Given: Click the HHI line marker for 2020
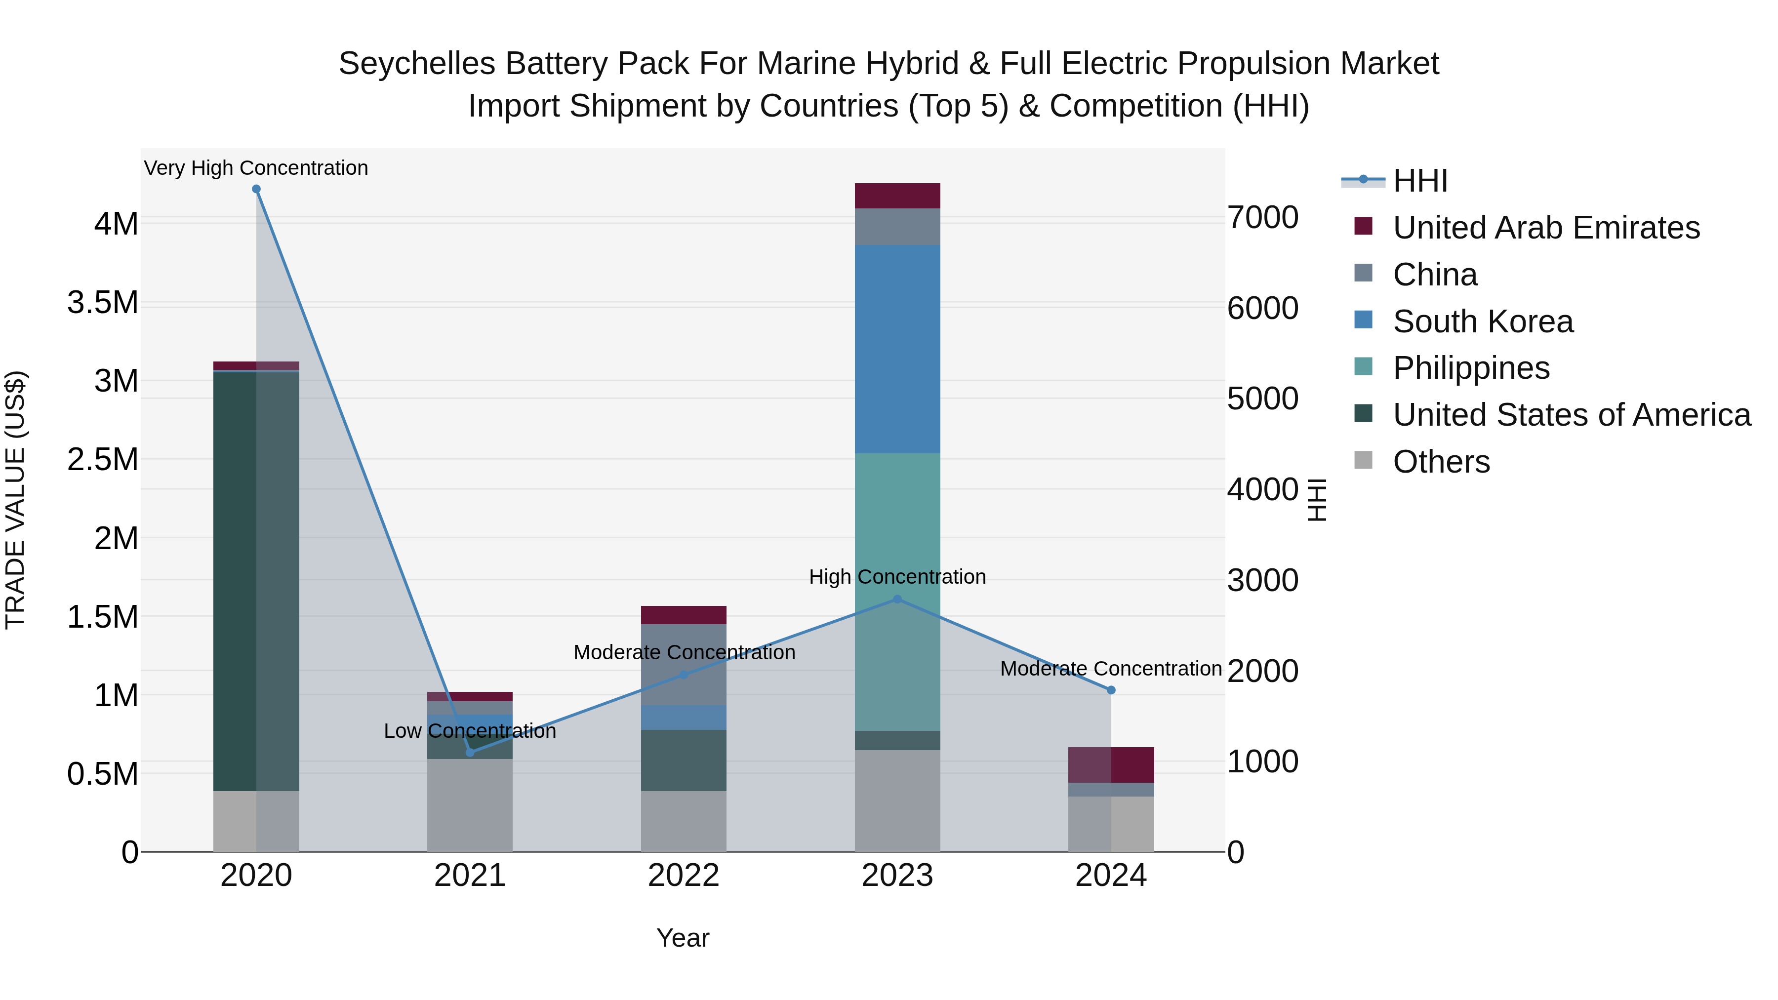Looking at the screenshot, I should tap(256, 189).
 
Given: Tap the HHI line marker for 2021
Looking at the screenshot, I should tap(470, 752).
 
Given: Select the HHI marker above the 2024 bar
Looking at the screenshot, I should tap(1111, 690).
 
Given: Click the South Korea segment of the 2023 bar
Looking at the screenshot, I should tap(897, 349).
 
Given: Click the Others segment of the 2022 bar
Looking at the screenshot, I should tap(684, 821).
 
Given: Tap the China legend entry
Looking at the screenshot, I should tap(1435, 275).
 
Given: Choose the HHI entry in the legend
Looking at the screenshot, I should tap(1420, 181).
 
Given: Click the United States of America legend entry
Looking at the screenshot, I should tap(1572, 415).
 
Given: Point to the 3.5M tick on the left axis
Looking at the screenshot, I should tap(103, 302).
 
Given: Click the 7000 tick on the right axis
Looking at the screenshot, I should tap(1262, 217).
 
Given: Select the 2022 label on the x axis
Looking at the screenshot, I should tap(684, 876).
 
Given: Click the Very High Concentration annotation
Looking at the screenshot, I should tap(256, 168).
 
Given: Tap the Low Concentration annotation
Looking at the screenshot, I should tap(470, 731).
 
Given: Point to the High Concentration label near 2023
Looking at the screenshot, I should tap(897, 576).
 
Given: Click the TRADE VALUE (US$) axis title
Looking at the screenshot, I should tap(15, 500).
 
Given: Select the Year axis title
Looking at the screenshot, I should tap(683, 938).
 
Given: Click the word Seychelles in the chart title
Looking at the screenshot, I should tap(417, 64).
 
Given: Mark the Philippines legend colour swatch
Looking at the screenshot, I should tap(1363, 366).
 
